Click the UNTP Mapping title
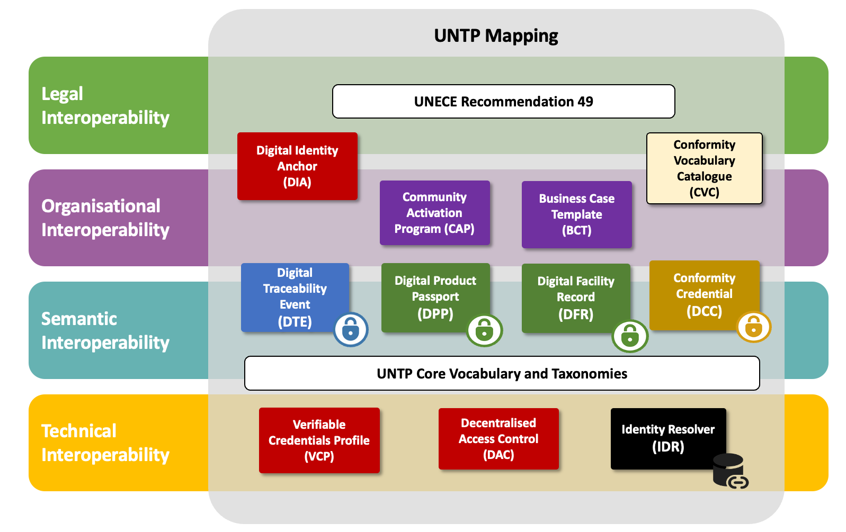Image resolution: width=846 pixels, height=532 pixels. pos(496,36)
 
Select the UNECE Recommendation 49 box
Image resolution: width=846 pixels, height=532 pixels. pos(503,102)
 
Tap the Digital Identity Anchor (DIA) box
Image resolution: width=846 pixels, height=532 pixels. pos(297,166)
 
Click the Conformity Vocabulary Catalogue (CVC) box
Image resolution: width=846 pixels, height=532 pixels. pos(704,168)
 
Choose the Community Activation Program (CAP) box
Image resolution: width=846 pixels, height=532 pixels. pos(434,213)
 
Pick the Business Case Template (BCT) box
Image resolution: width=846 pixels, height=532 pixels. pos(576,214)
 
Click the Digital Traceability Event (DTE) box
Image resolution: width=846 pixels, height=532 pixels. pos(295,296)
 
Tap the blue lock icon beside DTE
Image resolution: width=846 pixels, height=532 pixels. pos(351,330)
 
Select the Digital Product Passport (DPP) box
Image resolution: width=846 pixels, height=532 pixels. pos(435,296)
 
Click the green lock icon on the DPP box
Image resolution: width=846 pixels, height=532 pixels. pos(484,331)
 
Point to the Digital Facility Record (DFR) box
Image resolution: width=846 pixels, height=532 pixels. pos(575,297)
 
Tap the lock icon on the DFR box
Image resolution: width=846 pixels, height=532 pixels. pos(630,336)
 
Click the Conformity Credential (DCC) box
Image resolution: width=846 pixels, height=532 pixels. pos(704,294)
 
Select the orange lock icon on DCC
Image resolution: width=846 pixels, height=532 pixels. pos(753,327)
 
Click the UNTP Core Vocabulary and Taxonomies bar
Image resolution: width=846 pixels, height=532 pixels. pos(502,374)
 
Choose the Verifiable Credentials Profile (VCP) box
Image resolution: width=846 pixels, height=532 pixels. pos(319,440)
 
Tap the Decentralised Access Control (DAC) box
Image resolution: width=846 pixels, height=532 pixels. pos(498,439)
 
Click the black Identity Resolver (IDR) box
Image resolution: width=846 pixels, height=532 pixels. pos(667,438)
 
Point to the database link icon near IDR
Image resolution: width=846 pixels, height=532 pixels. pos(730,471)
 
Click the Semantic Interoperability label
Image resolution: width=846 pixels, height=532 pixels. pos(105,330)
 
